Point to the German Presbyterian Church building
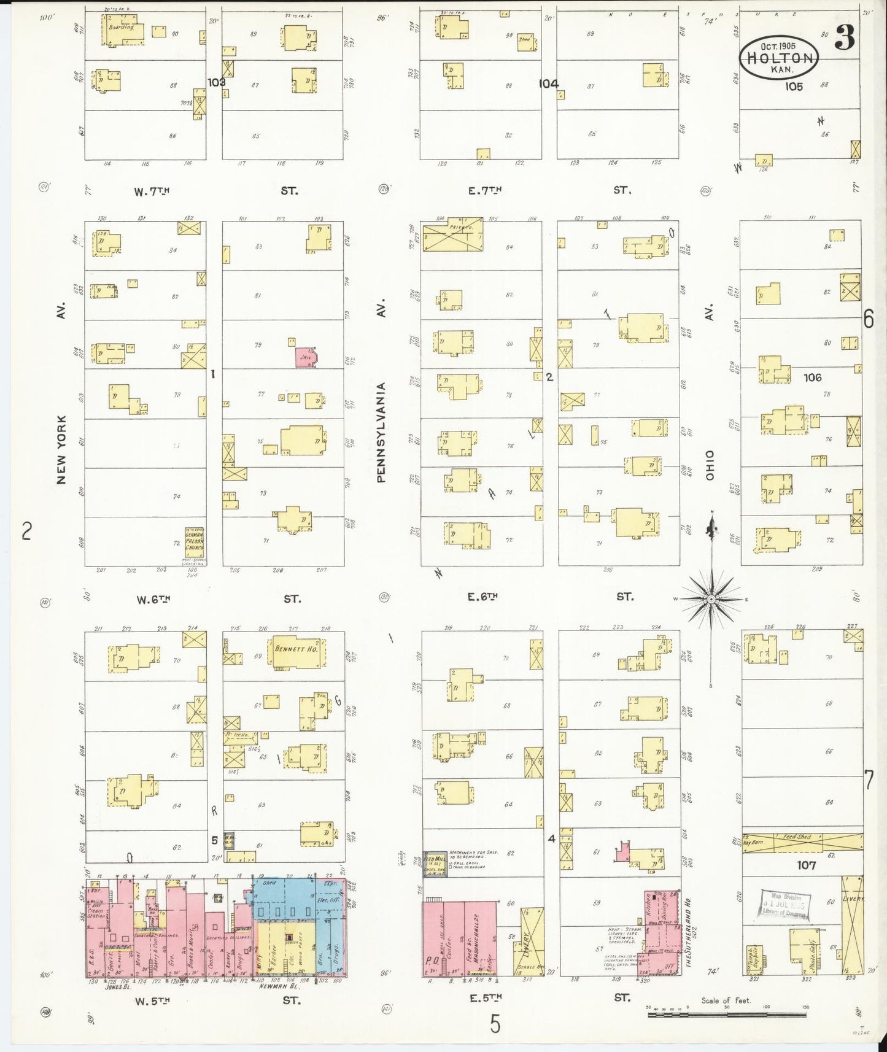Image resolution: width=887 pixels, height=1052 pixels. click(x=196, y=542)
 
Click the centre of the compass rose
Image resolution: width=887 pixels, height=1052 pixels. click(x=710, y=598)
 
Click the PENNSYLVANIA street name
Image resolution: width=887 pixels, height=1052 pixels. click(x=381, y=432)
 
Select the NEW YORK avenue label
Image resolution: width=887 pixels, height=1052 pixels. click(x=61, y=449)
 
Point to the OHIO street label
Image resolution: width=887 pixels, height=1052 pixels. click(x=710, y=465)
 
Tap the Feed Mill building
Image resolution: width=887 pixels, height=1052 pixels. click(x=434, y=863)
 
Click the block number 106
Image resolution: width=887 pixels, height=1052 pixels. click(x=812, y=377)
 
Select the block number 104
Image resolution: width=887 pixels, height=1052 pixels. click(x=549, y=83)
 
